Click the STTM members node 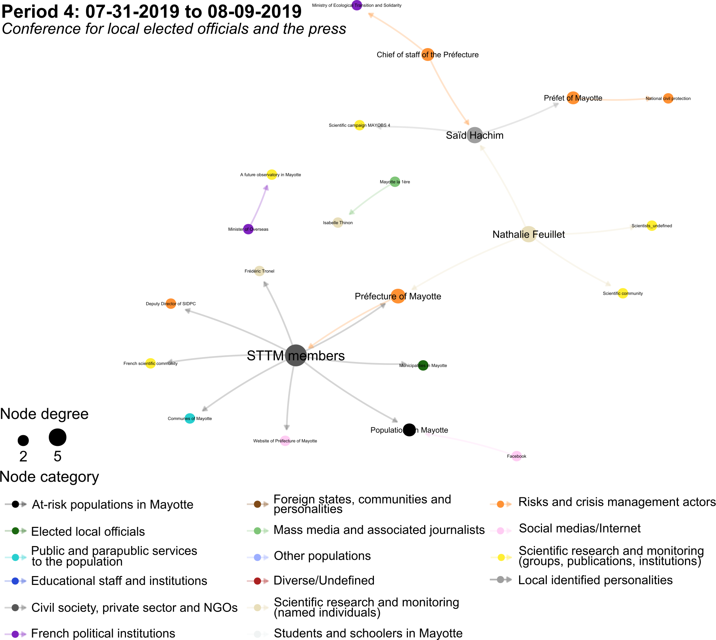pos(296,355)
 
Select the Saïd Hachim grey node pos(474,135)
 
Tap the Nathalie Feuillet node pos(529,234)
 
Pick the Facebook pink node pos(516,456)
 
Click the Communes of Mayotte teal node pos(190,419)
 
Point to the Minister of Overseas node pos(248,229)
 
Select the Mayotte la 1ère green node pos(395,182)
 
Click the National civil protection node pos(668,98)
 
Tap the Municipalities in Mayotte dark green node pos(423,365)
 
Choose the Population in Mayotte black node pos(409,430)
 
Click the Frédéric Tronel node pos(259,271)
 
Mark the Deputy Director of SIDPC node pos(171,304)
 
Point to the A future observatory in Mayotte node pos(272,175)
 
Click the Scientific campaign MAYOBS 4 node pos(359,125)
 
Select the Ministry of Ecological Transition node pos(357,5)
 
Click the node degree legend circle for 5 pos(58,437)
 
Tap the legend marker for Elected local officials pos(16,531)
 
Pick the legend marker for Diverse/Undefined pos(258,581)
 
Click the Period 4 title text pos(151,12)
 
